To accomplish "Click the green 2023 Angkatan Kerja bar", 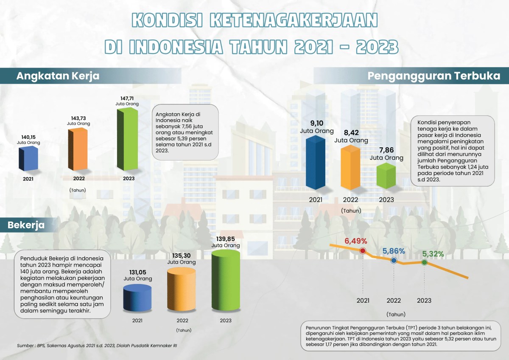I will tap(127, 138).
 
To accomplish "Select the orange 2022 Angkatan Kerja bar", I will tap(78, 149).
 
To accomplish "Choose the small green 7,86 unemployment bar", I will tap(386, 176).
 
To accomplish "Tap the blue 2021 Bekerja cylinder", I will tap(137, 297).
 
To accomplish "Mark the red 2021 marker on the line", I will tap(363, 250).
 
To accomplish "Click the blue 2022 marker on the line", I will tap(394, 261).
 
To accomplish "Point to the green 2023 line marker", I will tap(424, 262).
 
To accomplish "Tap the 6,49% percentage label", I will tap(356, 241).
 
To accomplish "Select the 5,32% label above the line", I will tap(433, 254).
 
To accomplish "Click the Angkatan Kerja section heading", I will tap(58, 76).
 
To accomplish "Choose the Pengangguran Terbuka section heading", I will tap(434, 76).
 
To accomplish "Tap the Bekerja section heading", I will tap(26, 225).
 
